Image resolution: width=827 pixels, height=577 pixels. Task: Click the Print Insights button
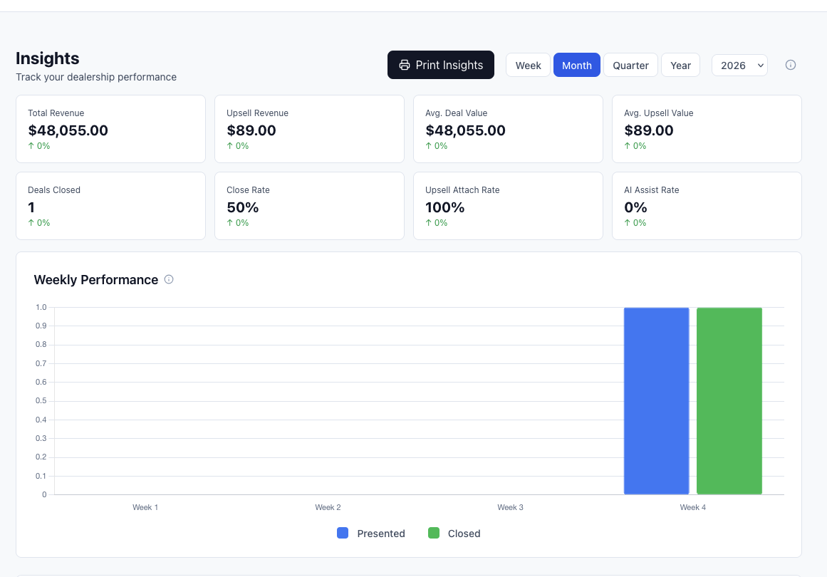click(440, 65)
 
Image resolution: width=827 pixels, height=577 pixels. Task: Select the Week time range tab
click(528, 66)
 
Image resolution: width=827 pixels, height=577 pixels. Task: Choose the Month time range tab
click(576, 66)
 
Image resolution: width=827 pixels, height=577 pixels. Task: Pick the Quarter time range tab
click(630, 66)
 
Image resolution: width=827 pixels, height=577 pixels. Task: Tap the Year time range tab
click(680, 66)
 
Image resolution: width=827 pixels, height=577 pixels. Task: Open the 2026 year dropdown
click(739, 66)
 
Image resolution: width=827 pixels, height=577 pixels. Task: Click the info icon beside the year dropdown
click(790, 65)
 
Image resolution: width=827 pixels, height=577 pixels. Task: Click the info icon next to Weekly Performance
click(169, 279)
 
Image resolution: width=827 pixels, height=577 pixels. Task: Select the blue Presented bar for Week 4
click(656, 400)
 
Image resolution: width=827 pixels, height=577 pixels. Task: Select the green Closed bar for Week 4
click(729, 400)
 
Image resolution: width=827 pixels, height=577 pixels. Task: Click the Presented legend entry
click(371, 534)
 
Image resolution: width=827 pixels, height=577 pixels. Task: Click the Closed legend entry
click(454, 534)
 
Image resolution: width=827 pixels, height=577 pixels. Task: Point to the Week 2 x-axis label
click(328, 507)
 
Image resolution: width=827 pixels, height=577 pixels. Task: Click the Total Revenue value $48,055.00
click(68, 130)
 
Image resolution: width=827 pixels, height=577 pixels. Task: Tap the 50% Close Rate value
click(242, 207)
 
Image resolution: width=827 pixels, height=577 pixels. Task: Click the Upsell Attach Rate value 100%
click(444, 207)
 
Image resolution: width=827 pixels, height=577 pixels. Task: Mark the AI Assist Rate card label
click(651, 190)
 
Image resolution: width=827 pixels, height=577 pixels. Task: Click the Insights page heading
click(47, 58)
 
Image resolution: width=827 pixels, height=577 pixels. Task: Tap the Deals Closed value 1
click(31, 207)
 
